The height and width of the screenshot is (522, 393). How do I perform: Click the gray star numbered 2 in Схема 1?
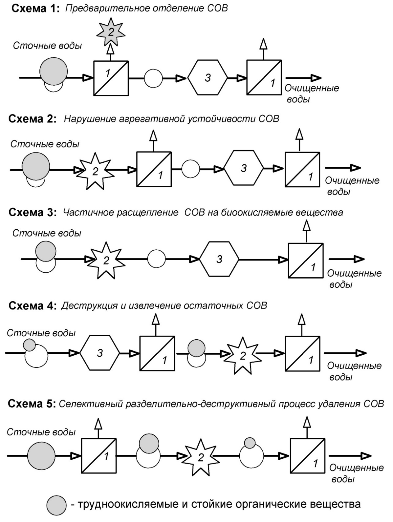pos(111,31)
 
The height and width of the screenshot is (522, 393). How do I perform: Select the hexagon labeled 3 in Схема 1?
pos(208,77)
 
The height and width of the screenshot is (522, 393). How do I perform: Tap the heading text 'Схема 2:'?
pos(33,119)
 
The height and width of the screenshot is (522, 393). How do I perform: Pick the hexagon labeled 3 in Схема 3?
pos(219,259)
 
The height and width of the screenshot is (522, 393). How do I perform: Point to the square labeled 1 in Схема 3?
pos(306,261)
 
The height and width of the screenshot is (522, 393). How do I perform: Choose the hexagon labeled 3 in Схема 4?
pos(99,353)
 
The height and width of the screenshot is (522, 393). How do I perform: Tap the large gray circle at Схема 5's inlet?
pos(41,456)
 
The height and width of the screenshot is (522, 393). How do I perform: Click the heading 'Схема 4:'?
pos(33,306)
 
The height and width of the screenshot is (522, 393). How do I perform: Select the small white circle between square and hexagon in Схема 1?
pos(153,78)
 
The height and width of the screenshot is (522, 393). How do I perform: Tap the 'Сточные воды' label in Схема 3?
pos(47,233)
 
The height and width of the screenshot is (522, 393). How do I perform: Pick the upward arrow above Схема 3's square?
pos(306,231)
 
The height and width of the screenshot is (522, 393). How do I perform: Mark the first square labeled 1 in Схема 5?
pos(99,456)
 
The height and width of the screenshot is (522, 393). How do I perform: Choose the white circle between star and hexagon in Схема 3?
pos(156,259)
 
